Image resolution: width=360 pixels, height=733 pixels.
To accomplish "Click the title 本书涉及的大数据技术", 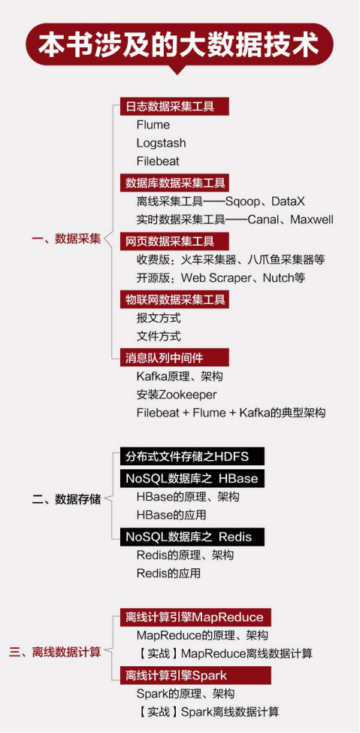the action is coord(179,45).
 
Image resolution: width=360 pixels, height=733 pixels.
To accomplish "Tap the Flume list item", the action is coord(153,125).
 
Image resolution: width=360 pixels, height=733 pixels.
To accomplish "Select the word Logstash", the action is coord(161,143).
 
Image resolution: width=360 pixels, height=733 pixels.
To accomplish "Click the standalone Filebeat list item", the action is coord(158,162).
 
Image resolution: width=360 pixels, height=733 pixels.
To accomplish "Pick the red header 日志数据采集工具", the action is coord(174,107).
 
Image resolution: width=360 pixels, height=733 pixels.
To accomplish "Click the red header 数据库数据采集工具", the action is coord(174,183).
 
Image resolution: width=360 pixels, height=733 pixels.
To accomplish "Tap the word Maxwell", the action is coord(312,220).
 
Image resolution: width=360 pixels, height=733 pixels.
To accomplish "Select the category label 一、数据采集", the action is coord(66,239).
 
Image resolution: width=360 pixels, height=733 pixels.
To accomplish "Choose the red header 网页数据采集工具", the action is coord(174,241).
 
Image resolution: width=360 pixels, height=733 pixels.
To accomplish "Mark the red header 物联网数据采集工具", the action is coord(174,299).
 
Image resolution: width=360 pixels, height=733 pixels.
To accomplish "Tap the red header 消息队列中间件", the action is coord(174,358).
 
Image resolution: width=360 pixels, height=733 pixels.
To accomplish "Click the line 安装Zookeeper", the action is coord(177,395).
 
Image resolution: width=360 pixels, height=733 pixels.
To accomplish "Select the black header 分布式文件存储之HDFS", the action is coord(192,456).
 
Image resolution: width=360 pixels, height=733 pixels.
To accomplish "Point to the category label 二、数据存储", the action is coord(66,498).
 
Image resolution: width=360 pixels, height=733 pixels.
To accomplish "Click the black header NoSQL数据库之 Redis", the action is coord(192,537).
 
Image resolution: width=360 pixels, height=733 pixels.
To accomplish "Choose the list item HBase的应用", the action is coord(171,515).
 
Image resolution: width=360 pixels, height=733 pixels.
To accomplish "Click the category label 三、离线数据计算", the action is coord(55,652).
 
